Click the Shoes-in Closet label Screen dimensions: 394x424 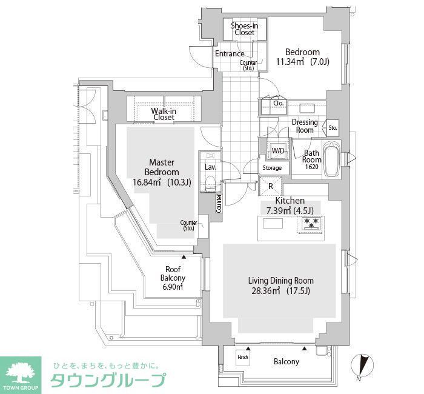tap(245, 29)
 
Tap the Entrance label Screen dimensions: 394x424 tap(230, 53)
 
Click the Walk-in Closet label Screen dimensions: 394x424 tap(164, 114)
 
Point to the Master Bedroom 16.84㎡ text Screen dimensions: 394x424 tap(162, 172)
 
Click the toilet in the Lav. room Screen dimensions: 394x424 tap(211, 182)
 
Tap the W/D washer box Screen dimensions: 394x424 tap(278, 150)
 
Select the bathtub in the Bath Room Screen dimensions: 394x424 tap(331, 160)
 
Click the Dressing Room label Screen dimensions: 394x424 tap(304, 126)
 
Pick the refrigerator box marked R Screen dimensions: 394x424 tap(270, 187)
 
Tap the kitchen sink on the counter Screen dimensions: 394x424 tap(272, 223)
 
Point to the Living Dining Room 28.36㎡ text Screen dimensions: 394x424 tap(280, 285)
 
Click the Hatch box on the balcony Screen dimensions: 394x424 tap(243, 358)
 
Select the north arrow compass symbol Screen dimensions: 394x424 tap(363, 366)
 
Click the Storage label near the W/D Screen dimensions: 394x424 tap(272, 168)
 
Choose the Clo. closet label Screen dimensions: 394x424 tap(279, 104)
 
